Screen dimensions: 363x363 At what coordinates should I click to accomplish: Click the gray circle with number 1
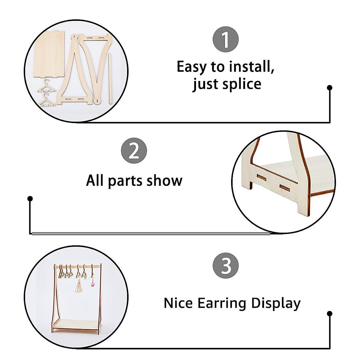coord(226,40)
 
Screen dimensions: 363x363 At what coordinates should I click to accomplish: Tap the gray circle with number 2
coord(134,151)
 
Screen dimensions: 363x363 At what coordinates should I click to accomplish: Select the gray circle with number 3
coord(226,265)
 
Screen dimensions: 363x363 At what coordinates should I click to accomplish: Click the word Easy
coord(191,67)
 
